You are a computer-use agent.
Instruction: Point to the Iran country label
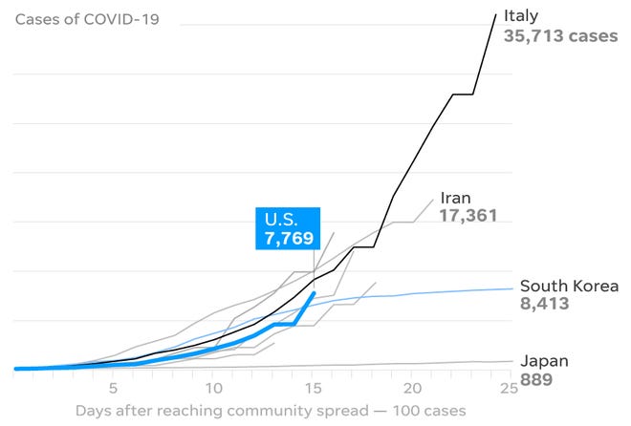click(x=456, y=198)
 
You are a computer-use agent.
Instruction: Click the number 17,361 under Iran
click(x=469, y=217)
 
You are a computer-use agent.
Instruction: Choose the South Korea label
click(x=568, y=286)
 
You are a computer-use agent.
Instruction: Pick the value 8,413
click(x=545, y=305)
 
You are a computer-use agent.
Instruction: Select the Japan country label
click(x=544, y=361)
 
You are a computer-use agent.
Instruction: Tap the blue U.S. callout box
click(x=287, y=228)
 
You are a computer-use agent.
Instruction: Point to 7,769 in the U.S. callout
click(x=289, y=238)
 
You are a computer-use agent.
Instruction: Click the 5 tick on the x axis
click(x=113, y=388)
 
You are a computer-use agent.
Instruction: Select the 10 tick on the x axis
click(x=213, y=388)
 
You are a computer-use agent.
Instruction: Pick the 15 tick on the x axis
click(x=313, y=388)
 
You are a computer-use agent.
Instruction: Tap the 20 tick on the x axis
click(x=412, y=388)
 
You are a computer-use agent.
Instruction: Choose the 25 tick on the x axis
click(x=511, y=388)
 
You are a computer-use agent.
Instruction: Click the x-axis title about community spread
click(x=271, y=411)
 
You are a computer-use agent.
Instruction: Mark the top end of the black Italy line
click(x=494, y=13)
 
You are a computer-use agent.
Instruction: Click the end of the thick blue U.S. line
click(x=314, y=292)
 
